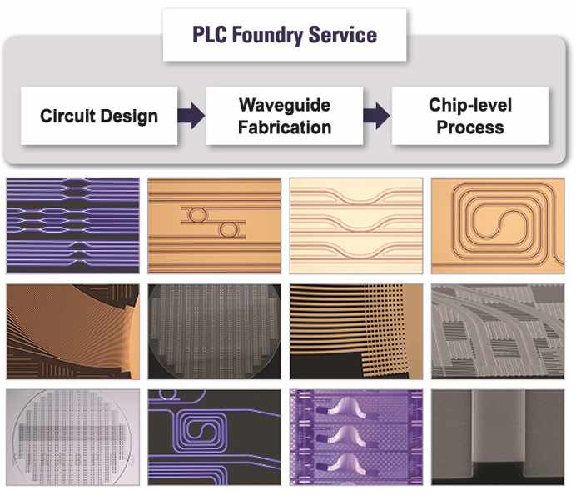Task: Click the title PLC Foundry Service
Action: (x=284, y=35)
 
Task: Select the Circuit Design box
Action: (x=99, y=116)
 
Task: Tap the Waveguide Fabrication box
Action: (x=285, y=116)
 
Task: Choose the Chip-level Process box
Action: (x=470, y=116)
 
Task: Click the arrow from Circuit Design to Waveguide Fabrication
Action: (x=191, y=117)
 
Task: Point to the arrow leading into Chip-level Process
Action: (x=377, y=117)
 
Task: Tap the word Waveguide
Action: (x=285, y=105)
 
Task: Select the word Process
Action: (x=470, y=127)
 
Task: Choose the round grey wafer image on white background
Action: (x=72, y=437)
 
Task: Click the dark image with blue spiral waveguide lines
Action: (x=213, y=437)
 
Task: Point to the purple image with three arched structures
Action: (x=355, y=437)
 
